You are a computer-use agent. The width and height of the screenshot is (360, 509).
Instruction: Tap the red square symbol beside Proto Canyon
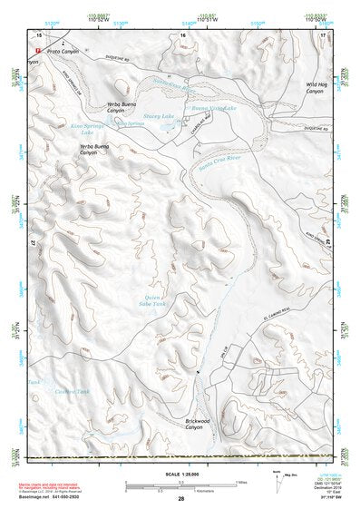point(37,50)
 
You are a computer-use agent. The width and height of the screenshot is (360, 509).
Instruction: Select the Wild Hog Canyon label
point(315,88)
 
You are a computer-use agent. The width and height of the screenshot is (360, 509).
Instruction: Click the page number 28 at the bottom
point(180,499)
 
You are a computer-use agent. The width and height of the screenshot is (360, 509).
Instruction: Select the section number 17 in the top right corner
point(322,34)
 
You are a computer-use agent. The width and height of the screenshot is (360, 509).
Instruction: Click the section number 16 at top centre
point(182,34)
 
